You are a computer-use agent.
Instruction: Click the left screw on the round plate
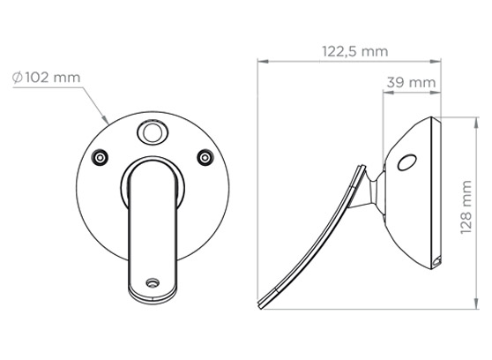pos(101,157)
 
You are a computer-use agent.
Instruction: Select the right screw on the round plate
pos(205,157)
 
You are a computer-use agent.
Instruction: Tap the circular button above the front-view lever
pos(153,133)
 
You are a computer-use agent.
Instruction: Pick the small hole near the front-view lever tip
pos(153,284)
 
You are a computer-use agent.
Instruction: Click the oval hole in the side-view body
pos(406,161)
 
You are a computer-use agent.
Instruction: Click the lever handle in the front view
pos(153,221)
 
